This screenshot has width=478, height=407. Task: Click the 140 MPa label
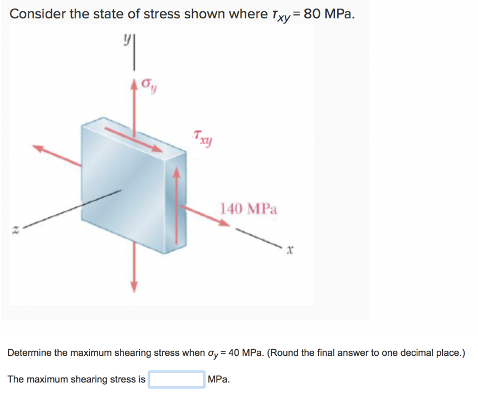(248, 209)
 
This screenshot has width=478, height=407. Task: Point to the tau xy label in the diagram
(202, 137)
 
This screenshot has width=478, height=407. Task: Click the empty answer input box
(176, 380)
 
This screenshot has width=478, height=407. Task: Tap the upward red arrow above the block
(134, 100)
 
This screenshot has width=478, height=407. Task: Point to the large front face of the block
(123, 183)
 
